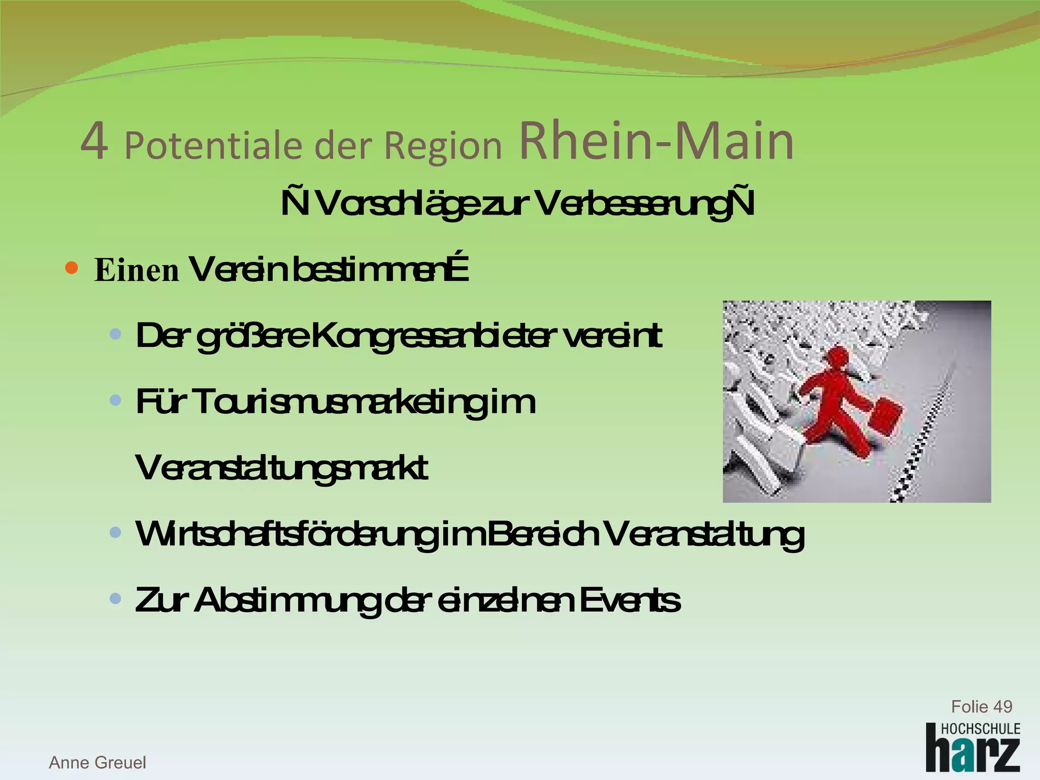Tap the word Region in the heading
[x=443, y=146]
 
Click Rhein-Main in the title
[x=656, y=142]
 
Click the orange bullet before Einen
[x=72, y=268]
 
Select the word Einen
[x=137, y=270]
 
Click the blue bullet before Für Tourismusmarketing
[x=116, y=401]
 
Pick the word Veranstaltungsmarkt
[x=281, y=469]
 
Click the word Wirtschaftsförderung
[x=287, y=534]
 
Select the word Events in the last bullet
[x=629, y=600]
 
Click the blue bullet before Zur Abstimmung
[x=116, y=599]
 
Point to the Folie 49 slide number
[x=981, y=706]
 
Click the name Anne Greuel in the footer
[x=97, y=762]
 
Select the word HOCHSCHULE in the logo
[x=980, y=729]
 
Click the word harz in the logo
[x=972, y=754]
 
